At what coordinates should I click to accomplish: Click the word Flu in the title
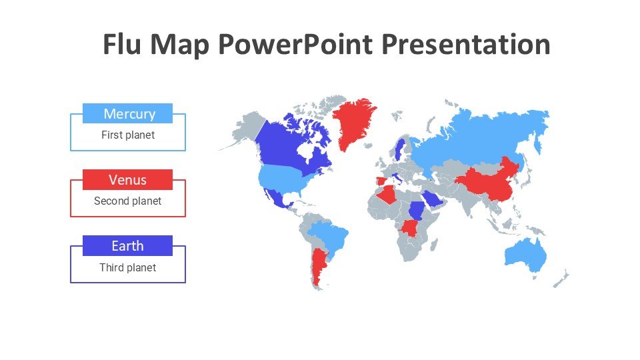pos(121,44)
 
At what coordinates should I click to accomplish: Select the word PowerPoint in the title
pos(295,45)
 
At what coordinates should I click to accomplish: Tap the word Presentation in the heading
pos(466,44)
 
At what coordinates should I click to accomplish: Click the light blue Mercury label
pos(127,113)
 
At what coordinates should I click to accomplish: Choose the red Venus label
pos(127,179)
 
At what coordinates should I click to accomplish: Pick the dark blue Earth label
pos(127,246)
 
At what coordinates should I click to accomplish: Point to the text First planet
pos(128,135)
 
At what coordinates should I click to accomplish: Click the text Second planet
pos(128,201)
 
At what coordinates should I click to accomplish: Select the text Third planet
pos(128,267)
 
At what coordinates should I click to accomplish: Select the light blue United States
pos(286,178)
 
